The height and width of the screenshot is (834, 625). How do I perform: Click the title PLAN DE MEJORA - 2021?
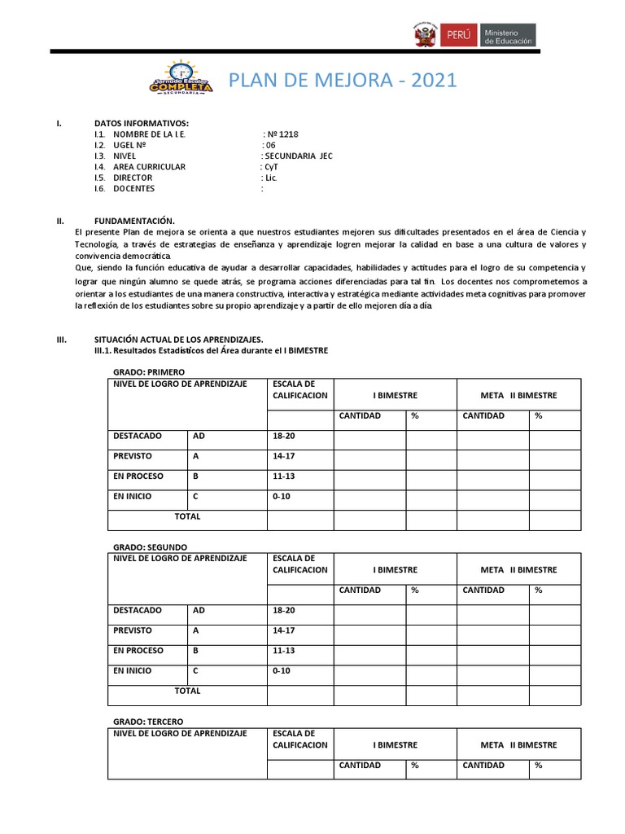click(x=342, y=80)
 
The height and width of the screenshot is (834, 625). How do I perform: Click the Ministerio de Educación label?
click(x=509, y=36)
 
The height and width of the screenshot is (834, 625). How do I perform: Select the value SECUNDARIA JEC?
click(x=297, y=156)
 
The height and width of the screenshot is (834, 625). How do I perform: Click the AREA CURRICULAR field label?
click(x=149, y=167)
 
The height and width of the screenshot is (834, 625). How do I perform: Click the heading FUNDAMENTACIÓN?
click(x=134, y=221)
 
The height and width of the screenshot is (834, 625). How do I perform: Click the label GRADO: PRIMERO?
click(x=150, y=372)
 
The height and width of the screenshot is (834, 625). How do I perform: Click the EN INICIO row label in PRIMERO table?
click(x=133, y=496)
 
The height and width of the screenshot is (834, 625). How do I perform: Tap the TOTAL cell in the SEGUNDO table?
click(x=187, y=691)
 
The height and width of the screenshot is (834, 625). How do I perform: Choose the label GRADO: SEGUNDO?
click(x=150, y=546)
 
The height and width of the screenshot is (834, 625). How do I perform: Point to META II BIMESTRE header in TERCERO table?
click(x=518, y=745)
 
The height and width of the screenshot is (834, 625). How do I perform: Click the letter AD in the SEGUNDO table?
click(x=199, y=610)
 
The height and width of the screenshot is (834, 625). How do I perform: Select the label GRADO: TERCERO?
click(x=148, y=722)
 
